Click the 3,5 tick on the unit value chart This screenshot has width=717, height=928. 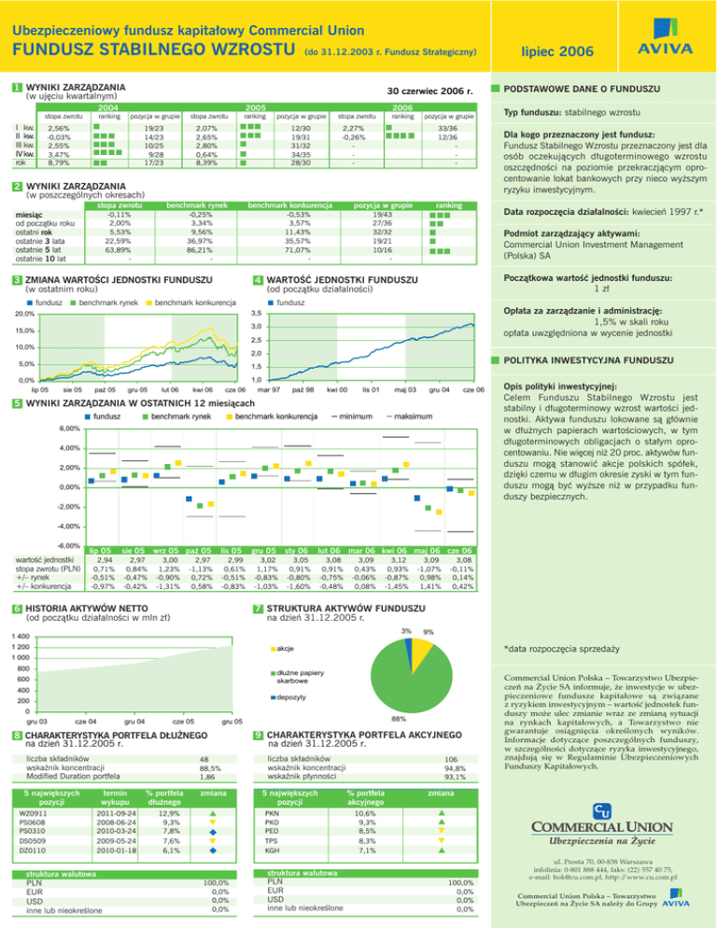pyautogui.click(x=257, y=312)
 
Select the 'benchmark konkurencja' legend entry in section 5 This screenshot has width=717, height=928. pyautogui.click(x=275, y=415)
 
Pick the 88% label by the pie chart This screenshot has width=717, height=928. pyautogui.click(x=397, y=718)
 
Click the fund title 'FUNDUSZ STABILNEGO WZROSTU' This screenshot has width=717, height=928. pyautogui.click(x=153, y=48)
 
